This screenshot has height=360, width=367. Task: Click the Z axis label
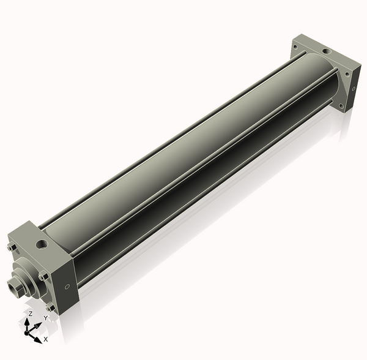click(x=30, y=314)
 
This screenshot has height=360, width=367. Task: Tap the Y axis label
click(x=46, y=318)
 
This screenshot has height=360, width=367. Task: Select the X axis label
click(x=46, y=339)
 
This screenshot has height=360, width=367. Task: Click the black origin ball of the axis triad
click(x=26, y=333)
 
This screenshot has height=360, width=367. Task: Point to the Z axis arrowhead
click(x=27, y=322)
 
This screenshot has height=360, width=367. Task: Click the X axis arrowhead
click(x=38, y=340)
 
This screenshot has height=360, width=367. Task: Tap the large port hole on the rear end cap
click(x=326, y=51)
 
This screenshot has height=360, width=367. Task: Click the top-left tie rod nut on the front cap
click(x=11, y=247)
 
